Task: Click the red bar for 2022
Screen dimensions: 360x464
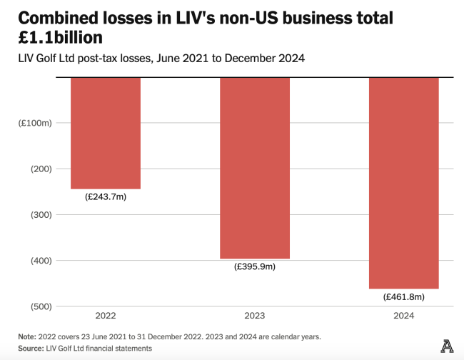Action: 106,133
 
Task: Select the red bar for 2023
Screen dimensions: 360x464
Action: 254,168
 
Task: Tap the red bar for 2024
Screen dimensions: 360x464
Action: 403,183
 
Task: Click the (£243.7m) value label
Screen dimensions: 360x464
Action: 106,196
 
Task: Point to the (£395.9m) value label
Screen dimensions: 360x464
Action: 254,266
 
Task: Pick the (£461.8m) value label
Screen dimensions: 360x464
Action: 403,296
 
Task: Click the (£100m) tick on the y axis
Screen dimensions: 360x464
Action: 35,123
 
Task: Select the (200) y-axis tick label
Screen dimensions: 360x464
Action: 41,169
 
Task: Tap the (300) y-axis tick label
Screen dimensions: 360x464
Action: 41,214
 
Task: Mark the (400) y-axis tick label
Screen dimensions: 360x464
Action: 41,260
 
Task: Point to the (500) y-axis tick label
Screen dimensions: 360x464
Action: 41,306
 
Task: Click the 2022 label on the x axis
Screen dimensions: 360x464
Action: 106,316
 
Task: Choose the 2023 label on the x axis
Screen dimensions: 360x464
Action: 254,316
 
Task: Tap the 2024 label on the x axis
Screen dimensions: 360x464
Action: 403,316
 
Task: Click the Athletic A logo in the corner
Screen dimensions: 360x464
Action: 448,345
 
